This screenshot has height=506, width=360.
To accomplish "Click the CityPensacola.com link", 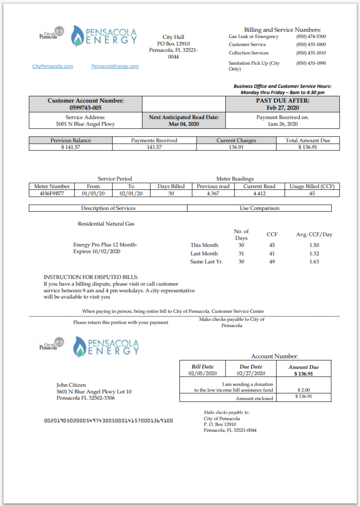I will pos(53,66).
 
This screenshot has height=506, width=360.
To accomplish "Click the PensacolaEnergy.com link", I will pos(115,66).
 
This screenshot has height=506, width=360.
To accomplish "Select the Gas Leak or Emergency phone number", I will pos(311,37).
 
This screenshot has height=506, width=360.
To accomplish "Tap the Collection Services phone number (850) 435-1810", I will pos(311,53).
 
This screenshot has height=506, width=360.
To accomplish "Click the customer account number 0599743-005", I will pos(86,108).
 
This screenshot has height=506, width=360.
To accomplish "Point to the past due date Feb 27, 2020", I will pos(282,108).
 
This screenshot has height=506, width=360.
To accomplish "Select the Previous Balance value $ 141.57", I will pos(70,147).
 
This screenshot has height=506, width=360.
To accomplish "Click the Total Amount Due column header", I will pos(308,140).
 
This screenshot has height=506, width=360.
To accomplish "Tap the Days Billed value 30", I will pos(171,194).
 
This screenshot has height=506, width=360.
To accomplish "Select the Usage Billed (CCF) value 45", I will pos(312,194).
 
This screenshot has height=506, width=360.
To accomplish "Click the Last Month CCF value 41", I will pos(272,253).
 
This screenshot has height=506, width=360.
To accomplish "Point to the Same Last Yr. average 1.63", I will pos(314,262).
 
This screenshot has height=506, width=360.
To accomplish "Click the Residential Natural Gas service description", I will pos(106,224).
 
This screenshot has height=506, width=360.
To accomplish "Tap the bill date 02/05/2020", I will pos(203,374).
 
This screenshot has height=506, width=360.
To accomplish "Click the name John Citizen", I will pos(71,385).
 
